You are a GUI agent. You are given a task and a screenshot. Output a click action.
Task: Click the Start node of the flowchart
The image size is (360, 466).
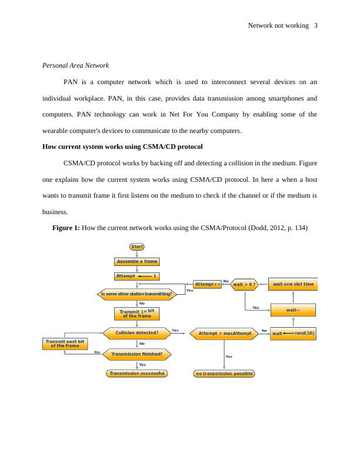(x=136, y=247)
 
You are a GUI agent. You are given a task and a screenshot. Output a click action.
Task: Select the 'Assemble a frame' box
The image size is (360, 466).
(x=136, y=261)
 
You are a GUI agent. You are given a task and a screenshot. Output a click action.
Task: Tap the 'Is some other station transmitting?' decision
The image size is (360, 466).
(x=136, y=294)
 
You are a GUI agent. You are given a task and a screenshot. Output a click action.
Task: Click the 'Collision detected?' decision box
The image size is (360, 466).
(x=136, y=334)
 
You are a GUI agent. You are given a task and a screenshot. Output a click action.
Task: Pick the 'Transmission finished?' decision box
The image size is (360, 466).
(x=136, y=354)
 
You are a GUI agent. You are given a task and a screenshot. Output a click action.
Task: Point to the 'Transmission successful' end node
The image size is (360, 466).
(x=136, y=373)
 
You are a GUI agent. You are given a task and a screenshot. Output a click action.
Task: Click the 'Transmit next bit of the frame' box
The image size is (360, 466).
(x=65, y=344)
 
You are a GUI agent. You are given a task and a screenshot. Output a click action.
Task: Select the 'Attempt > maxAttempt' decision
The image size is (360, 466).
(x=225, y=334)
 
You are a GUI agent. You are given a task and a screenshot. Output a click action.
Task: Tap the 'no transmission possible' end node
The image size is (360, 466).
(x=224, y=373)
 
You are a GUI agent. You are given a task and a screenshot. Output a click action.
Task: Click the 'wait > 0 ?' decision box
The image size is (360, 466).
(x=244, y=284)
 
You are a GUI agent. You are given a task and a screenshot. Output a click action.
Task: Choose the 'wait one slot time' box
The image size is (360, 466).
(x=293, y=285)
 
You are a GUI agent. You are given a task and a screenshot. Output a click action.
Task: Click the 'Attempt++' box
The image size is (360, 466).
(x=207, y=284)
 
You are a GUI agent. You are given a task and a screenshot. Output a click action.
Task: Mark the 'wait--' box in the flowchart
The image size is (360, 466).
(x=293, y=309)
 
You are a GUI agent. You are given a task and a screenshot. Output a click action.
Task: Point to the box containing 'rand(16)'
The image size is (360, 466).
(x=293, y=334)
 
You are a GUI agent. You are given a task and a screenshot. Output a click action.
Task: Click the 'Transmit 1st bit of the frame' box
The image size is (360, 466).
(x=136, y=314)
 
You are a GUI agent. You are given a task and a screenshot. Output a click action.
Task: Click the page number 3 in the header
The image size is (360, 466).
(x=316, y=25)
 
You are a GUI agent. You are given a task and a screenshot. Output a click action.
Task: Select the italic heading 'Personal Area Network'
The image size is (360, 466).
(x=76, y=65)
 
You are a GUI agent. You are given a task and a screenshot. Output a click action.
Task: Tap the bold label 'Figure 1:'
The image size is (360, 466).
(x=66, y=227)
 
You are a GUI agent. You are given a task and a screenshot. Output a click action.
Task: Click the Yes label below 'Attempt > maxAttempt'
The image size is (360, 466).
(x=229, y=357)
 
